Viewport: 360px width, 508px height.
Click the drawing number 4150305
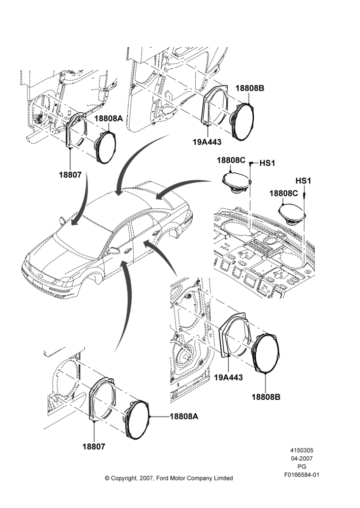click(x=302, y=450)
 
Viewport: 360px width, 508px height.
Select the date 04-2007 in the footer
click(x=302, y=458)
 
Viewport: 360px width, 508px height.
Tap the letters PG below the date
click(x=302, y=467)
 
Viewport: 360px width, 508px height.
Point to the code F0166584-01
click(x=302, y=475)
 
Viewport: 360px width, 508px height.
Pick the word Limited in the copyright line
click(x=223, y=478)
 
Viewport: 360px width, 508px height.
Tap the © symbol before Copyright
click(x=107, y=478)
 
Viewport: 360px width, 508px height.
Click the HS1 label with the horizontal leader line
click(x=267, y=163)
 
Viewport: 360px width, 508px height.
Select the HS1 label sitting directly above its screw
click(x=303, y=180)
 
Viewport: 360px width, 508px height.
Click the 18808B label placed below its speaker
click(x=266, y=397)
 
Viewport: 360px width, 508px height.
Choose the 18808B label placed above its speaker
click(x=250, y=88)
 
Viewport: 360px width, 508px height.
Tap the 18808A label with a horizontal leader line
click(x=184, y=417)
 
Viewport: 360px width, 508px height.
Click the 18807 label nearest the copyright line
click(x=94, y=447)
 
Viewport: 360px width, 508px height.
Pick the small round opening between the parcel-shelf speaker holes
click(x=270, y=241)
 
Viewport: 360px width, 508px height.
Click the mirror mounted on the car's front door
click(x=113, y=250)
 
